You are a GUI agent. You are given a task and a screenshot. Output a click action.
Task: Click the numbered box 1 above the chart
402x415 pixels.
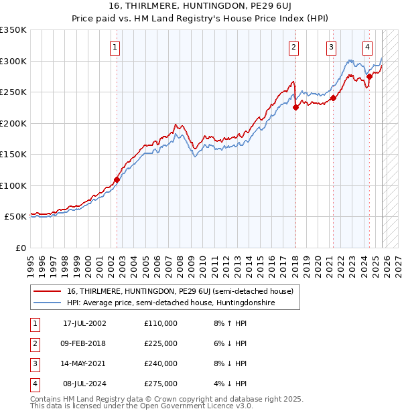tap(116, 47)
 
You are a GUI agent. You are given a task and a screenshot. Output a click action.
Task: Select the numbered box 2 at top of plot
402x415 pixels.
tap(294, 47)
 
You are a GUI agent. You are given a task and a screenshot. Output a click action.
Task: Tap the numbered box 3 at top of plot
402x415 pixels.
tap(332, 47)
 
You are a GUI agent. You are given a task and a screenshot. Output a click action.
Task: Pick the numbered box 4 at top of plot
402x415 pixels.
tap(368, 47)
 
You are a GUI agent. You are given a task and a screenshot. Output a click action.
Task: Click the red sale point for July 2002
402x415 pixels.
tap(117, 179)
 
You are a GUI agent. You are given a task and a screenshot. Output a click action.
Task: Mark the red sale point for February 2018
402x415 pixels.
tap(295, 108)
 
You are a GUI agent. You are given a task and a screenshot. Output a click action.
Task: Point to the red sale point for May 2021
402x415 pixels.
tap(333, 98)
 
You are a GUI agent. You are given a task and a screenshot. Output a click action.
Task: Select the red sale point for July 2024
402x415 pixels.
tap(369, 77)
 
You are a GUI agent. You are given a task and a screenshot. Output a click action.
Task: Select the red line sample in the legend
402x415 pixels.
tap(47, 291)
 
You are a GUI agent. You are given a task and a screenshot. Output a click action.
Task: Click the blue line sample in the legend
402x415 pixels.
tap(47, 303)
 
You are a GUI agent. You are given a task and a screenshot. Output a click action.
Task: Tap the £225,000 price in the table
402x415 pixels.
tap(161, 343)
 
